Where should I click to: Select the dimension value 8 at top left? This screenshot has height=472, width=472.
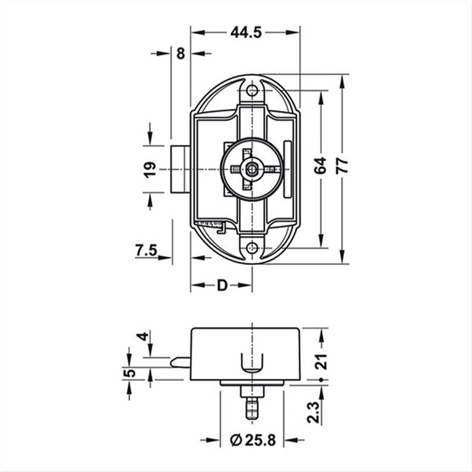pos(181,53)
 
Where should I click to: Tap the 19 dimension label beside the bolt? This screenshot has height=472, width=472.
pos(149,169)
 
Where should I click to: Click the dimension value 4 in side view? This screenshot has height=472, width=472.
pos(143,338)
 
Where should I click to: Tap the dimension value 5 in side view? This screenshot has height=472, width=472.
pos(129,373)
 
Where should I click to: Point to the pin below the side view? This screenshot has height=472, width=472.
pos(251,408)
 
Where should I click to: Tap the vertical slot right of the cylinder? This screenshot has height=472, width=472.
pos(287,169)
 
